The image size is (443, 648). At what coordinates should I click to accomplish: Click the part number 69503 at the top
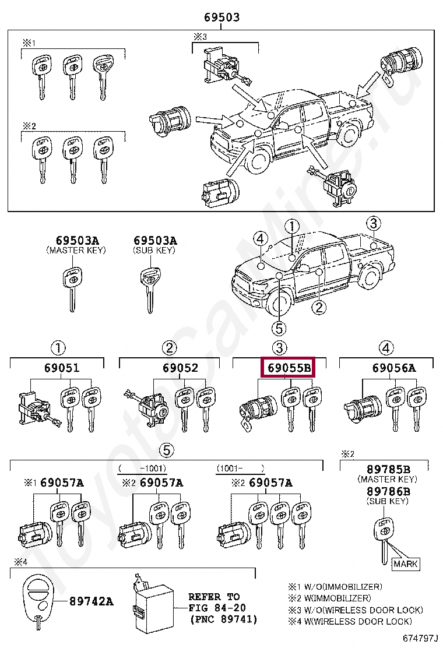[221, 17]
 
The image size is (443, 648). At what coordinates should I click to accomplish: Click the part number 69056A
[394, 368]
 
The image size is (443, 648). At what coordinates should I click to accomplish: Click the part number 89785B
[388, 469]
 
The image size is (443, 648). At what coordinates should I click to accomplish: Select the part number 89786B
[388, 491]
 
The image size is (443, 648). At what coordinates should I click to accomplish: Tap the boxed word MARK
[406, 564]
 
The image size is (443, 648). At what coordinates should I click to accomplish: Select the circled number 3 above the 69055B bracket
[279, 348]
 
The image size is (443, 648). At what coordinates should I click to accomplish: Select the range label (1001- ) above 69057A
[240, 468]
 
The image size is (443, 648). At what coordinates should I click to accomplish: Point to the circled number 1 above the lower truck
[291, 226]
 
